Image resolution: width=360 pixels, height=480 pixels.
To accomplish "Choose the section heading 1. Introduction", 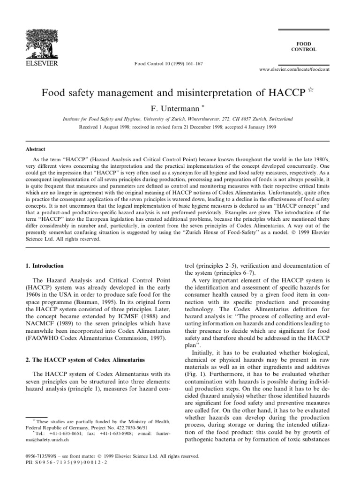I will click(45, 266).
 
